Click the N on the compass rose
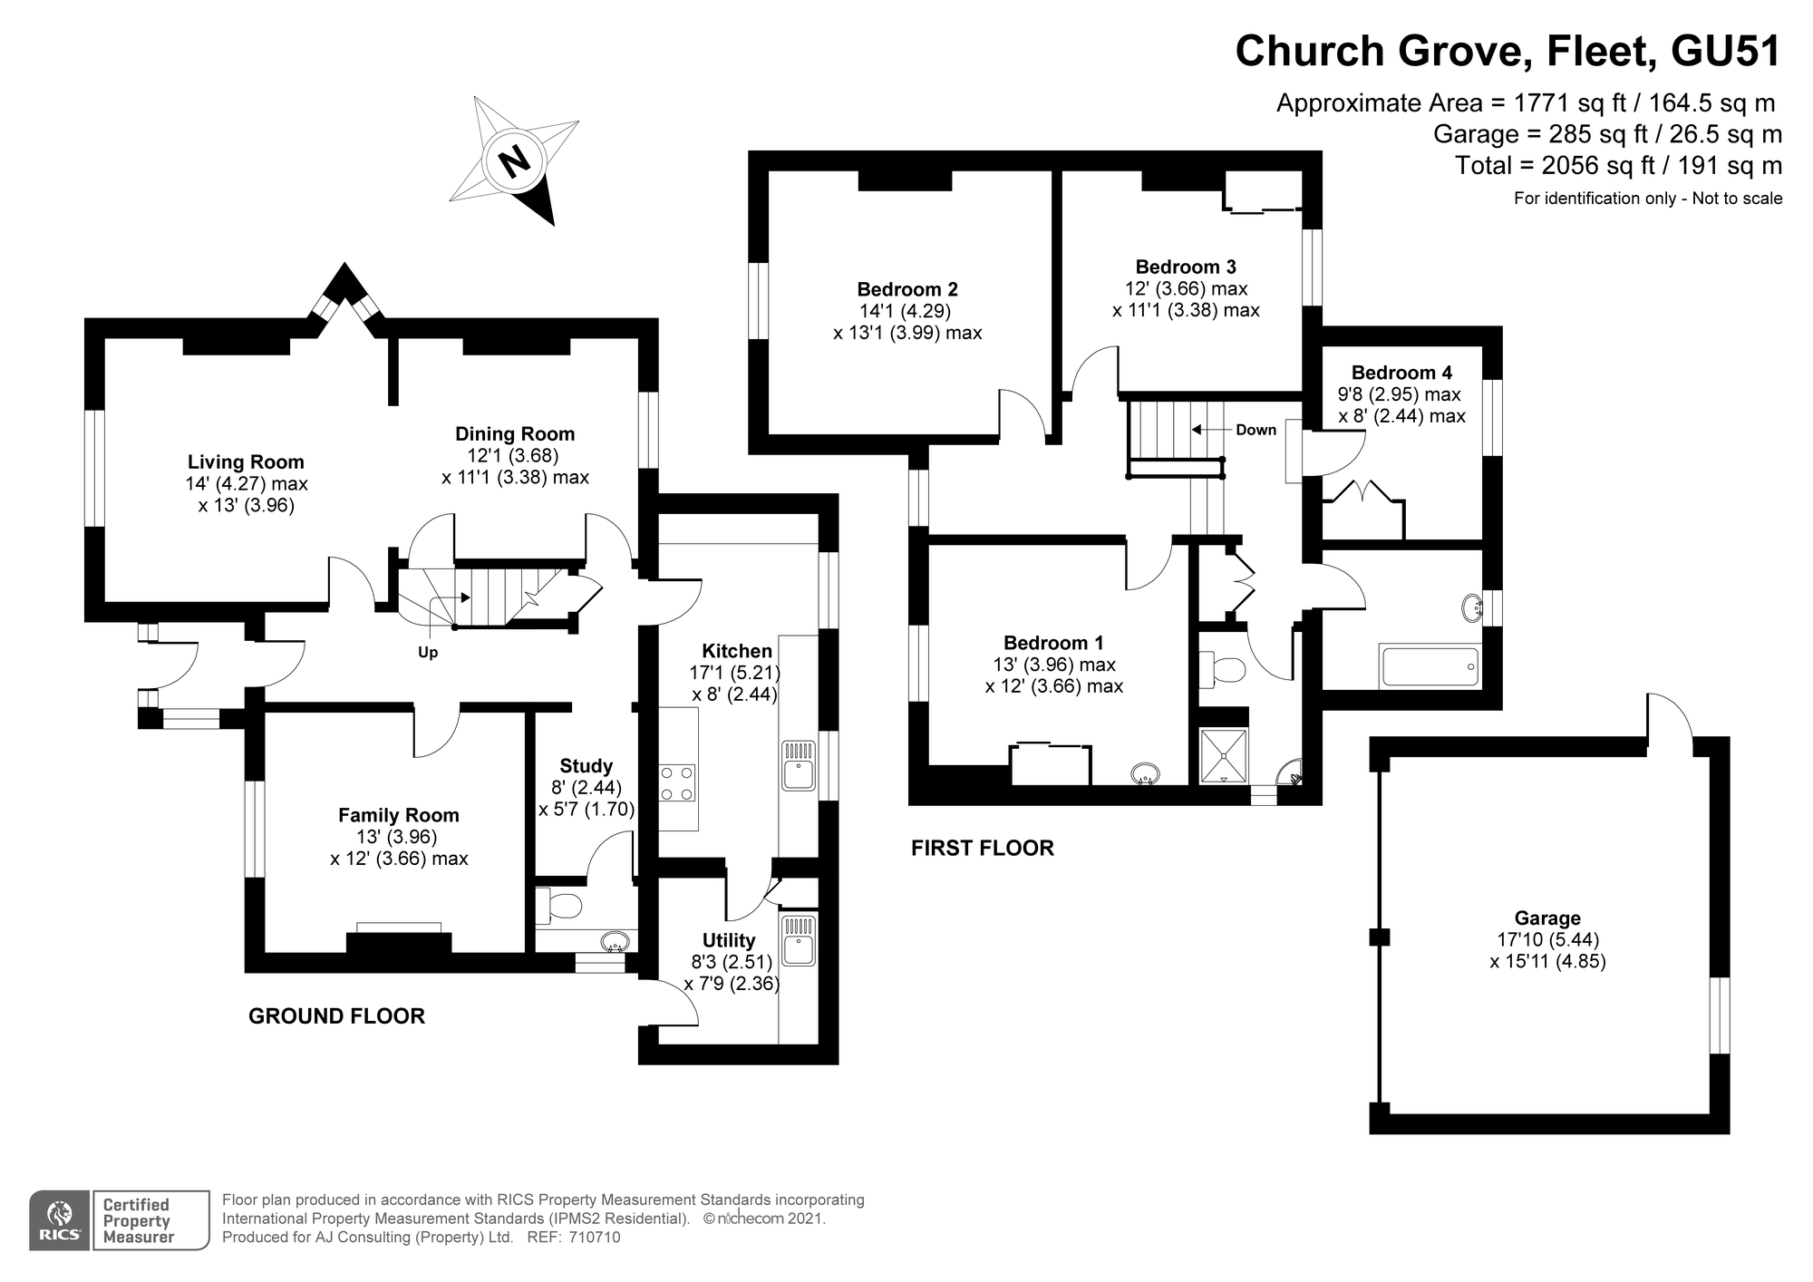click(x=514, y=163)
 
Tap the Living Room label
click(x=246, y=462)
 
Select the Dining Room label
click(x=515, y=434)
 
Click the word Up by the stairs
click(x=428, y=653)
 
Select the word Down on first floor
click(x=1256, y=430)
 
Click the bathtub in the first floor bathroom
click(x=1430, y=666)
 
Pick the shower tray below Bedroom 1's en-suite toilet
click(x=1223, y=754)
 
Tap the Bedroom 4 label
click(x=1401, y=373)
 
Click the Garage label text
click(x=1547, y=918)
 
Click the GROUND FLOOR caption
click(x=336, y=1016)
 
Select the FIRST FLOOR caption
click(x=983, y=849)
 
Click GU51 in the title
click(x=1725, y=52)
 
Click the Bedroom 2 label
click(x=907, y=290)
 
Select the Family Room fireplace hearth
click(x=399, y=942)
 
